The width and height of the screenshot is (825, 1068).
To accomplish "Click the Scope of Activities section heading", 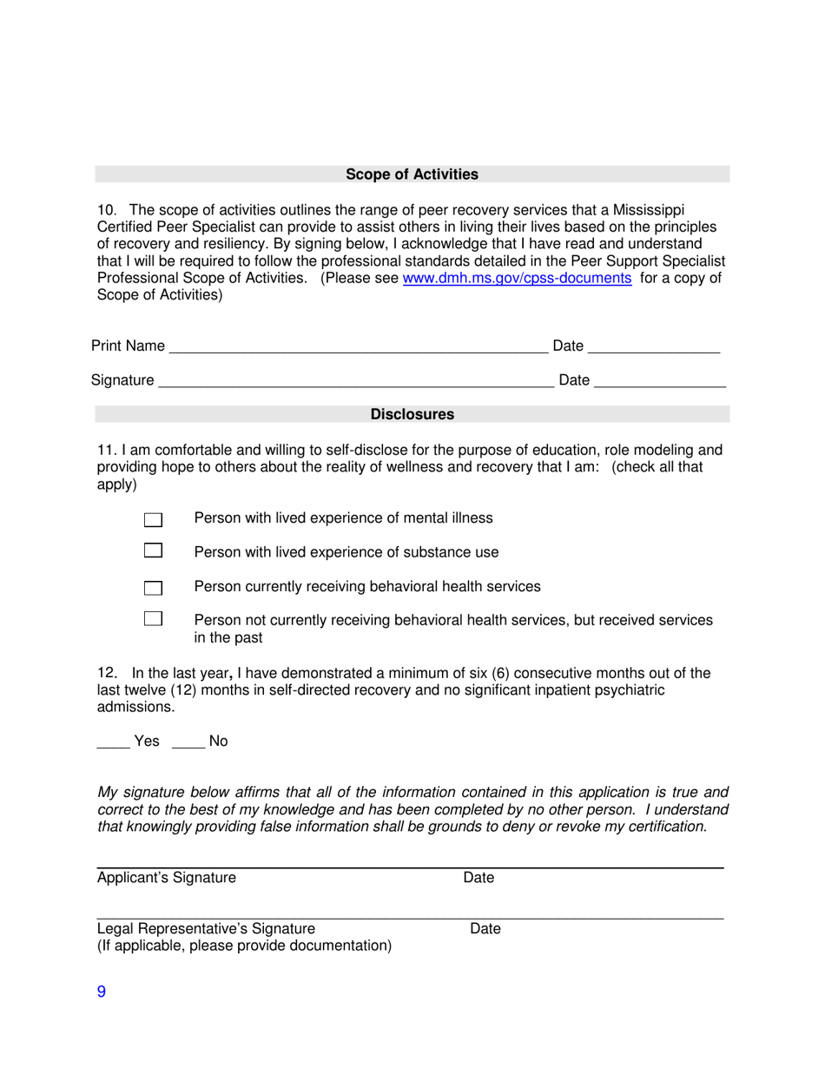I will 412,175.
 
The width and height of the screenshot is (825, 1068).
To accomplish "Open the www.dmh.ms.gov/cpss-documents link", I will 518,279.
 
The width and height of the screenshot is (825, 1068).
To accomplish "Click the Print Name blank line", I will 358,347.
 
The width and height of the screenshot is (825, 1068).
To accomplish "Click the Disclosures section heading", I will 412,415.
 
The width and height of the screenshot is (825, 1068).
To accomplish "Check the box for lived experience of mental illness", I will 153,519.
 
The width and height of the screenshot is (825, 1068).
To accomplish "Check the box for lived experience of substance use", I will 153,550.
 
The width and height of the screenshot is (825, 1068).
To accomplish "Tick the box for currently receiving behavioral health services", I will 153,588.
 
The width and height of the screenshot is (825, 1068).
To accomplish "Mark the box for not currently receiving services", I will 153,619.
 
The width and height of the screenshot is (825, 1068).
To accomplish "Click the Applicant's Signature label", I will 166,878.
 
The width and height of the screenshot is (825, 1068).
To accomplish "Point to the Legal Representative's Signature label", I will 206,929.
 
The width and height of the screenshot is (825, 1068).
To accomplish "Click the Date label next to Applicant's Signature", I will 478,878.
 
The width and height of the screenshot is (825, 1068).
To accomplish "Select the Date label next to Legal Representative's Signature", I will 485,929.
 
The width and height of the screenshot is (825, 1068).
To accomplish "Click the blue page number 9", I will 101,993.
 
